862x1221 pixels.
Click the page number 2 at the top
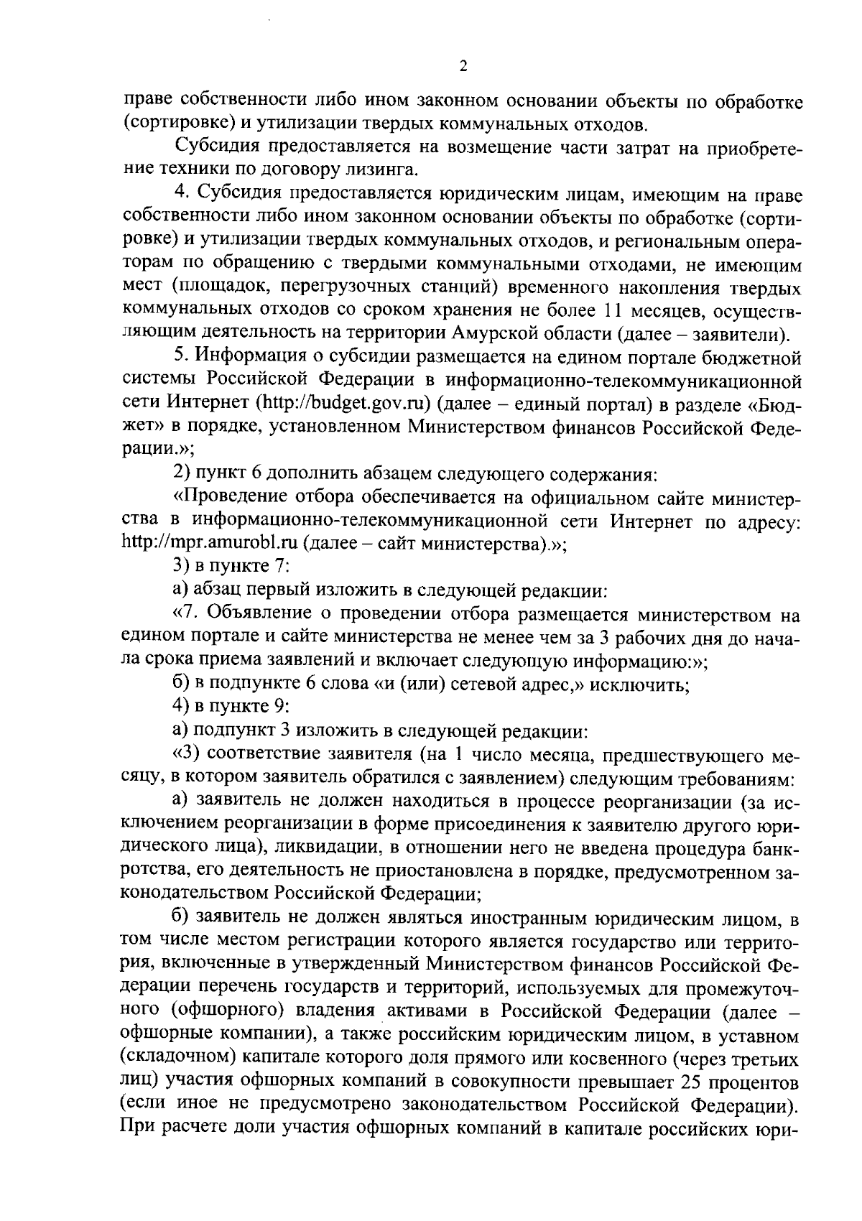click(463, 67)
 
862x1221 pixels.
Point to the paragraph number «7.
click(184, 614)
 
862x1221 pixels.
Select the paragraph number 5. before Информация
click(181, 357)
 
